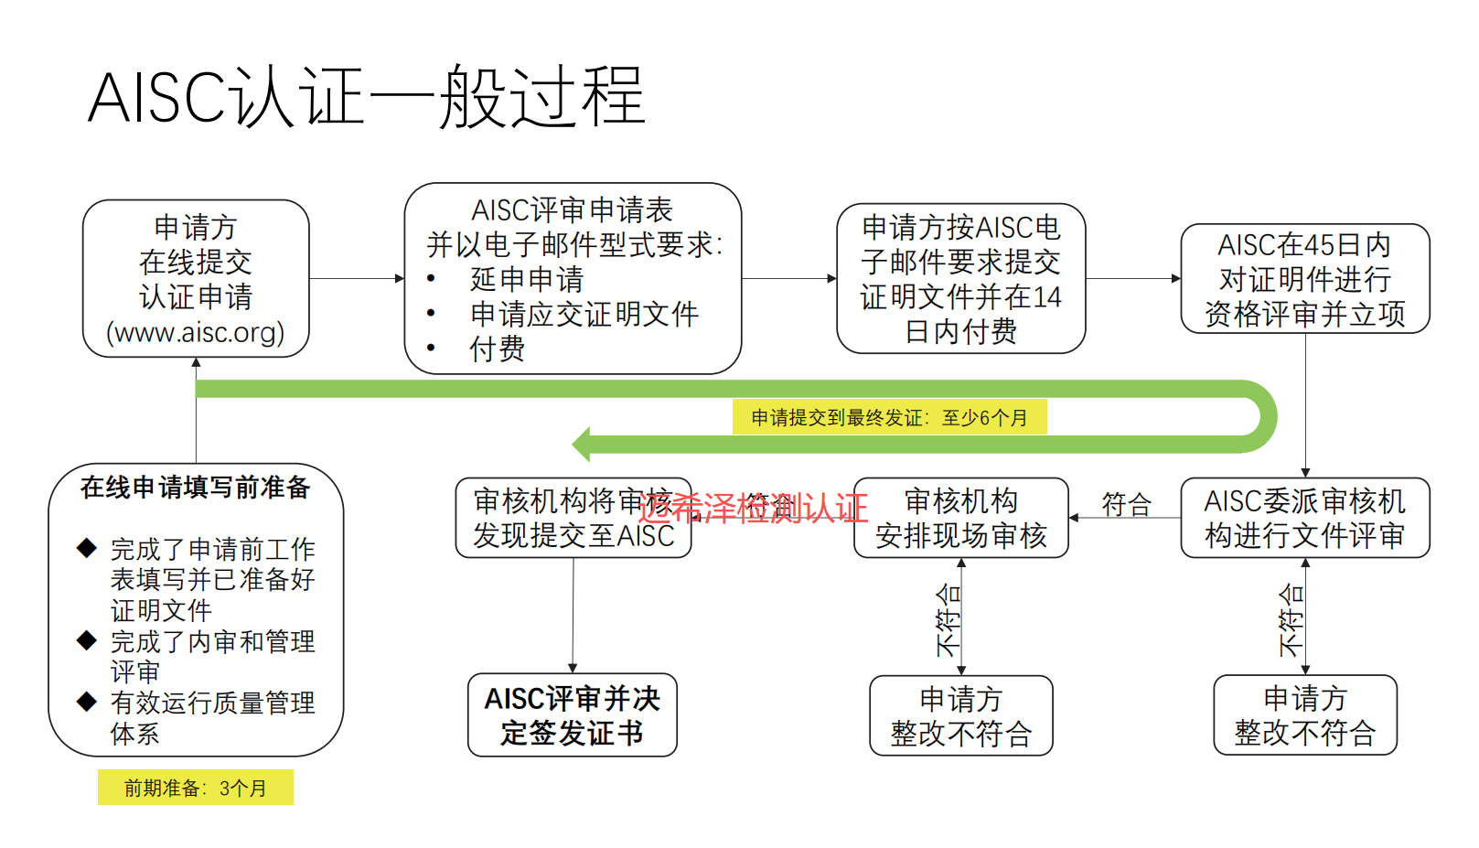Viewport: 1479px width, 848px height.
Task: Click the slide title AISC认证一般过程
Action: pyautogui.click(x=367, y=97)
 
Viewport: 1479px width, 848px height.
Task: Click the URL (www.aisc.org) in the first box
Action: pyautogui.click(x=196, y=332)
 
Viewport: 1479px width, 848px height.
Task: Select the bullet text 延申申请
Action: pyautogui.click(x=526, y=279)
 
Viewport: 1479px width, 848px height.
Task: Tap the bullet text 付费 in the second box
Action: pyautogui.click(x=497, y=349)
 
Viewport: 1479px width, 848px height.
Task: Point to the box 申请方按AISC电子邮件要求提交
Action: pyautogui.click(x=960, y=278)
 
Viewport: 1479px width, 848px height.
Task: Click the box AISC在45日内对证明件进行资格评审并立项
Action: pyautogui.click(x=1304, y=279)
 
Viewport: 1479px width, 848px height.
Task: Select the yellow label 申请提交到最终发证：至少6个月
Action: pyautogui.click(x=889, y=417)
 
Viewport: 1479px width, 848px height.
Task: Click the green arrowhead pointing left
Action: pyautogui.click(x=583, y=445)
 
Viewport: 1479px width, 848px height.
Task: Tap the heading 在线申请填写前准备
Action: pyautogui.click(x=196, y=488)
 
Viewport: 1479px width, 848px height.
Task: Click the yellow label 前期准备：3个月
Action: pyautogui.click(x=196, y=788)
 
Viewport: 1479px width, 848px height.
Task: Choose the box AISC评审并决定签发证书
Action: pyautogui.click(x=573, y=715)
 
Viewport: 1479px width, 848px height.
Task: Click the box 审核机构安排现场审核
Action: pyautogui.click(x=960, y=518)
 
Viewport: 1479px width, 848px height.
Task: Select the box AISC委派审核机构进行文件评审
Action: pyautogui.click(x=1304, y=518)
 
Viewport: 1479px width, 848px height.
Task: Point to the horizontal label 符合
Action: pyautogui.click(x=1126, y=504)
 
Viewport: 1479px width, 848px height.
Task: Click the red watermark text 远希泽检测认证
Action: pyautogui.click(x=752, y=508)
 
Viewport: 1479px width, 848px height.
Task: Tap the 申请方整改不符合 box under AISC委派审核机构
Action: pyautogui.click(x=1304, y=715)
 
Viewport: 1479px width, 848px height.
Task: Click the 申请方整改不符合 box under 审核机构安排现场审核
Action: pyautogui.click(x=960, y=715)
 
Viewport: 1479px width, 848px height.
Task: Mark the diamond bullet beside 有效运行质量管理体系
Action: pyautogui.click(x=87, y=702)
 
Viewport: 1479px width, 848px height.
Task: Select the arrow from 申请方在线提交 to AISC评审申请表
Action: pyautogui.click(x=357, y=278)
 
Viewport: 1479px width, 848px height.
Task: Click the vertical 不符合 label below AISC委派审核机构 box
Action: pyautogui.click(x=1291, y=620)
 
